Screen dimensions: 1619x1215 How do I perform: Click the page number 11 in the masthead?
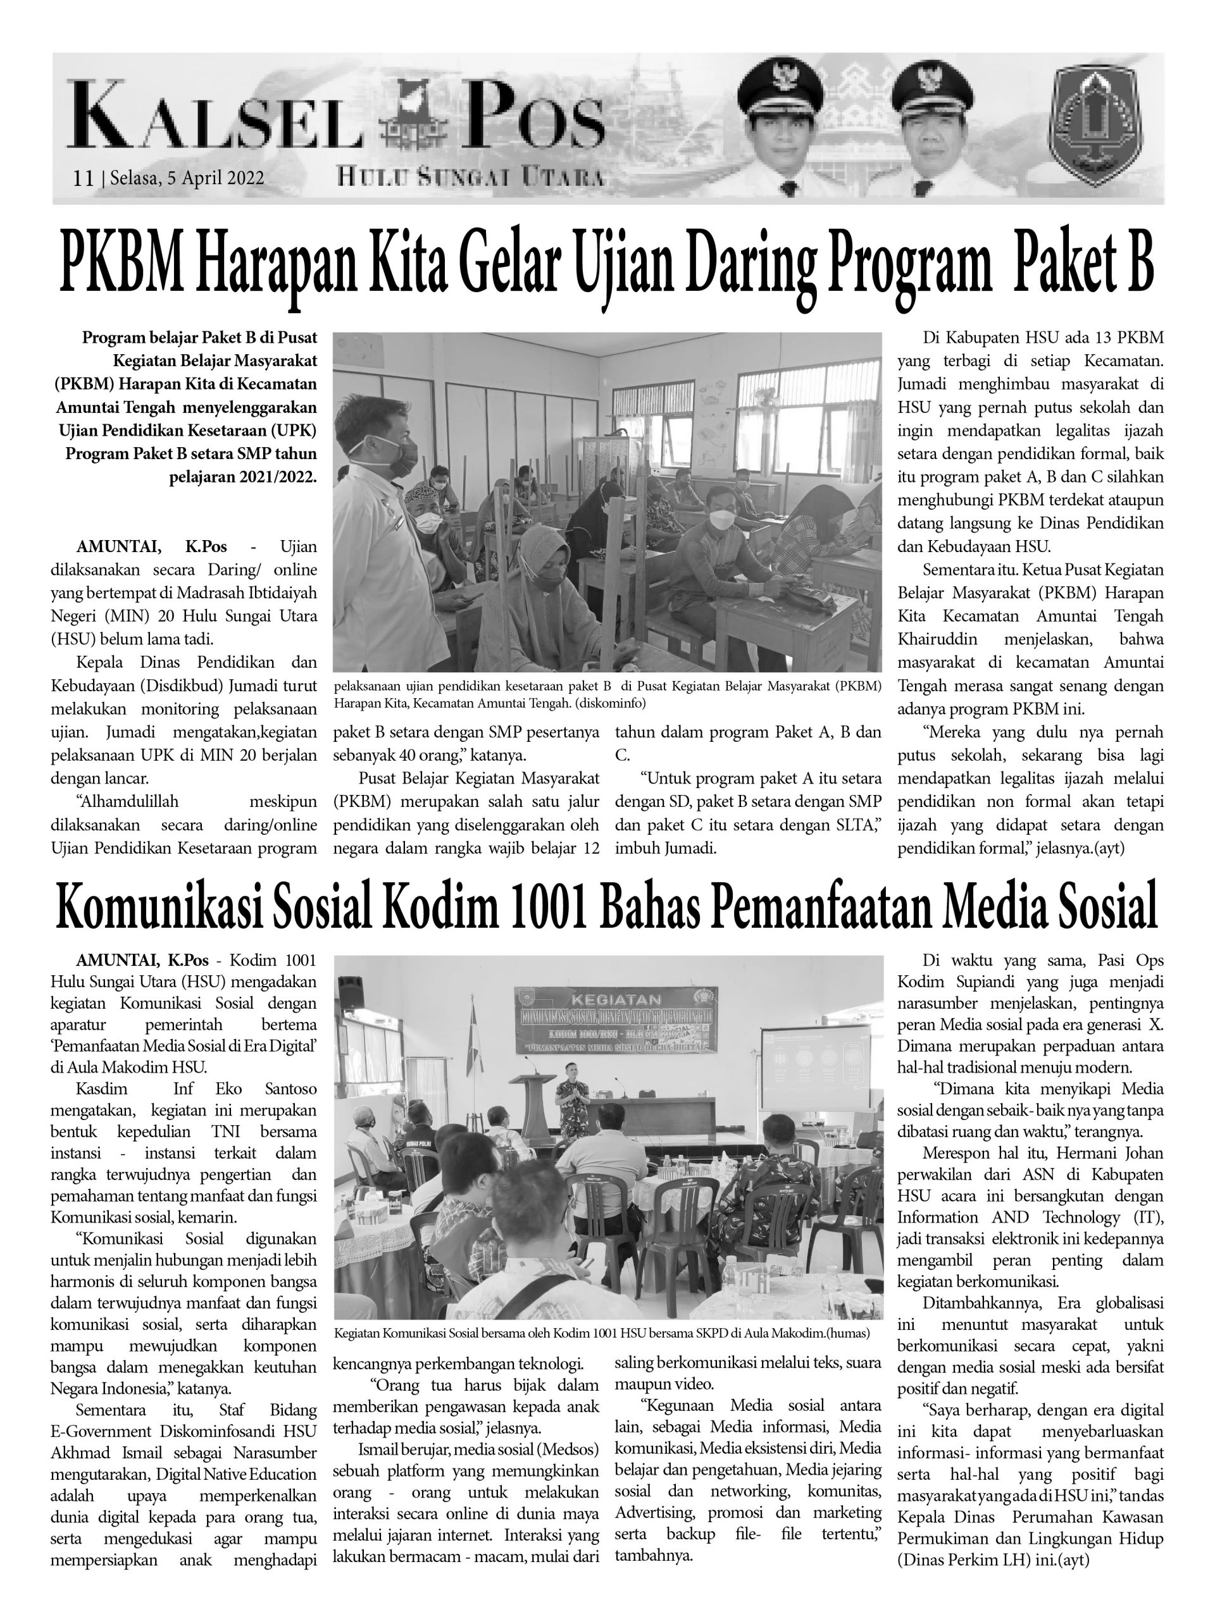(x=83, y=178)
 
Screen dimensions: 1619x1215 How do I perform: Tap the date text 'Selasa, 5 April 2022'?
(x=187, y=178)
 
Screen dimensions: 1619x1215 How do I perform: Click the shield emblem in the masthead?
(x=1095, y=129)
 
